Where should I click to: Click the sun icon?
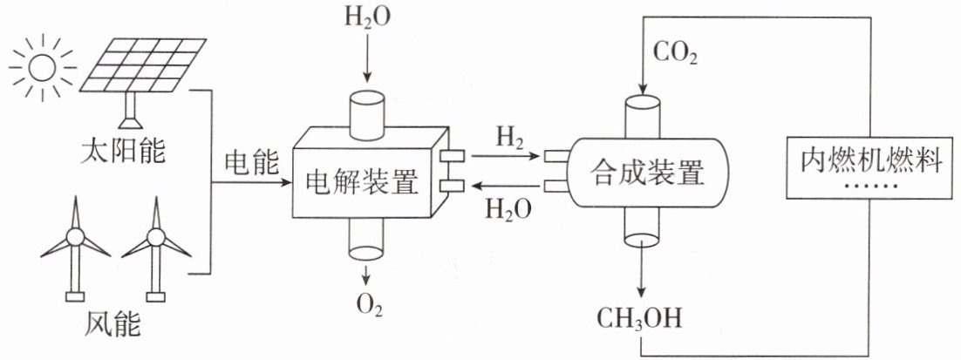pos(43,67)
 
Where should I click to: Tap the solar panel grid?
pos(144,66)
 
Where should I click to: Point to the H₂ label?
pos(507,138)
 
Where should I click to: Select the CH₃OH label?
pos(641,320)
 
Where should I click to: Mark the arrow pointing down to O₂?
pos(367,275)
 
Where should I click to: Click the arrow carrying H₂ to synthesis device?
pos(503,156)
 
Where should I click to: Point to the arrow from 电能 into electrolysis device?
pos(249,183)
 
